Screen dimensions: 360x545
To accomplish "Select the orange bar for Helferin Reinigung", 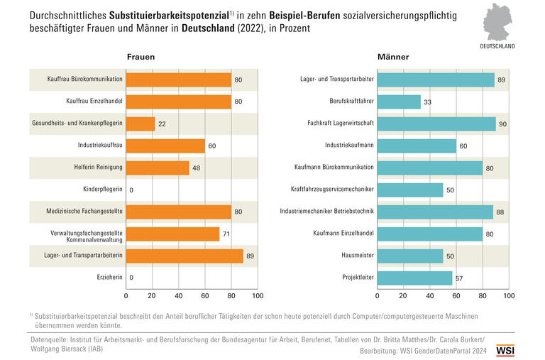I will click(158, 168).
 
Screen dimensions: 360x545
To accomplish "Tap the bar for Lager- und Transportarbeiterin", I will click(185, 256).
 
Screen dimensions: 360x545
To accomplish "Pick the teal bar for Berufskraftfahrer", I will click(399, 102).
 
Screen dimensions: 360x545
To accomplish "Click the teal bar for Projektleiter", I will click(414, 278).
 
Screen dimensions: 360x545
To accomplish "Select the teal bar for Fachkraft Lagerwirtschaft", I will click(436, 124).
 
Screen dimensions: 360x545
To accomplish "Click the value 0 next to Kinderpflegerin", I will click(131, 190).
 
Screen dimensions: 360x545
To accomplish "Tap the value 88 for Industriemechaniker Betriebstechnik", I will click(501, 212).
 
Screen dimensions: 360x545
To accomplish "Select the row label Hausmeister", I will click(356, 256).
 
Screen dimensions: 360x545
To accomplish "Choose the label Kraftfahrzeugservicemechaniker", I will click(332, 190).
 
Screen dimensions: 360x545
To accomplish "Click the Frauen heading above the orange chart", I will click(141, 57).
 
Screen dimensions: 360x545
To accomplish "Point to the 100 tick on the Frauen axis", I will click(258, 295).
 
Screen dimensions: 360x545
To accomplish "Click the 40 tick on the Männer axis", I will click(430, 295).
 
